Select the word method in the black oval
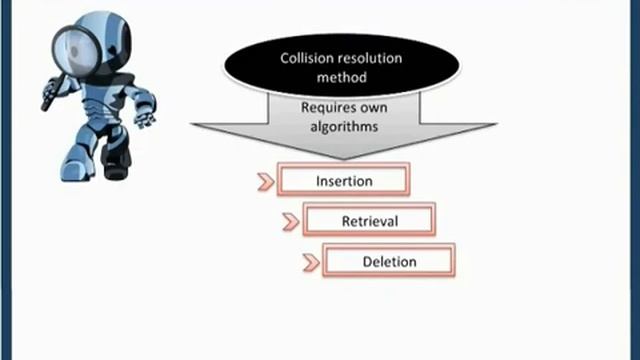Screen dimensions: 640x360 [342, 77]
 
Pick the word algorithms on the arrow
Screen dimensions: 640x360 [344, 127]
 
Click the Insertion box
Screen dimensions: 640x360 [344, 180]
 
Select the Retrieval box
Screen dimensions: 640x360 [369, 220]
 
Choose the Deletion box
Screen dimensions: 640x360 [389, 260]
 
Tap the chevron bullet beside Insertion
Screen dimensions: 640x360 [266, 182]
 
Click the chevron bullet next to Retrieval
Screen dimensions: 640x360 [291, 222]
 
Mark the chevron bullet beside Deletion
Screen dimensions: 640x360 [312, 262]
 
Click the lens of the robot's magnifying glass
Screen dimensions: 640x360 [76, 51]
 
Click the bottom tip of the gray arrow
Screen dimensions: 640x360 [344, 159]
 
